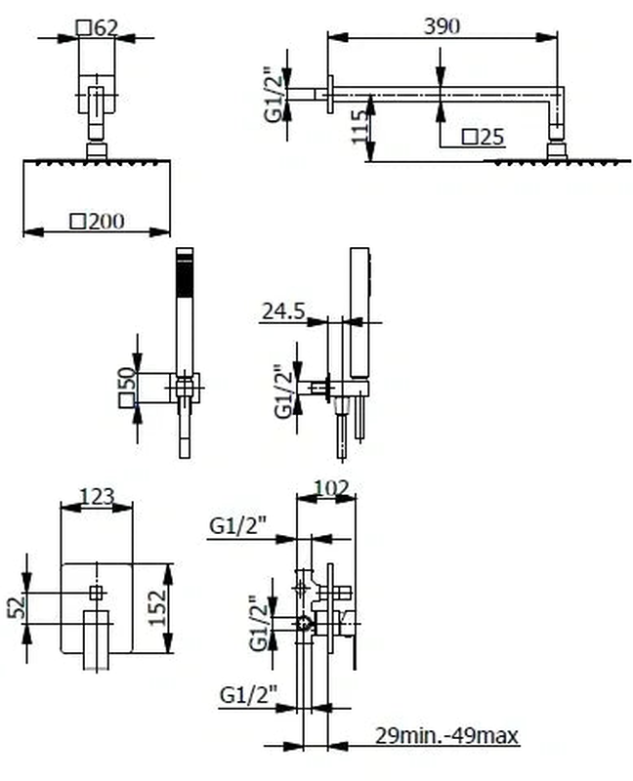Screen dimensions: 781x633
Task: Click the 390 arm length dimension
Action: coord(443,26)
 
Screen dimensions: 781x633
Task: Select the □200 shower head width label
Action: coord(98,222)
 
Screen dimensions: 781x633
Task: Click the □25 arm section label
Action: coord(484,137)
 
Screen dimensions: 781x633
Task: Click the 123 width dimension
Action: coord(96,498)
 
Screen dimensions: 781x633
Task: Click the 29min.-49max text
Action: coord(446,734)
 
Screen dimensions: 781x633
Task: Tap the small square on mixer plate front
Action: coord(96,592)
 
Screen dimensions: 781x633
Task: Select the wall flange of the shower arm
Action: coord(331,94)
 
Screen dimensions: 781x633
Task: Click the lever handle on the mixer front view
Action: coord(95,639)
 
